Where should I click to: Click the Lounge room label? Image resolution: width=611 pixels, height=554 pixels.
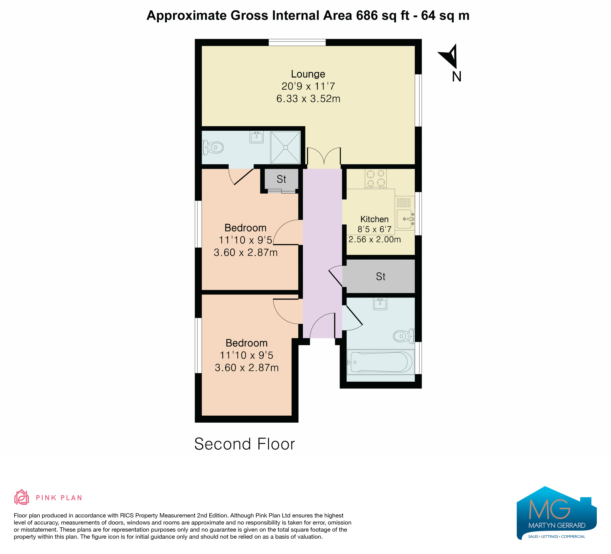point(308,74)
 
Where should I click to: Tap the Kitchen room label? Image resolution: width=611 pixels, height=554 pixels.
point(374,219)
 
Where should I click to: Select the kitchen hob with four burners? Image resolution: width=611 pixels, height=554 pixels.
point(376,178)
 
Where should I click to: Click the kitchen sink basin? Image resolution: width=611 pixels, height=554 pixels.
point(404,219)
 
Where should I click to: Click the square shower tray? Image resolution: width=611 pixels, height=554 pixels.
point(285,147)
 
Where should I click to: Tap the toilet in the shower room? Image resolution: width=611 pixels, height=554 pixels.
point(213,148)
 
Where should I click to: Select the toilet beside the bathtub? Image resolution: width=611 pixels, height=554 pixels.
point(404,336)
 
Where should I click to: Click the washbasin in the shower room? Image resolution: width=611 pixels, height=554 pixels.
point(257,137)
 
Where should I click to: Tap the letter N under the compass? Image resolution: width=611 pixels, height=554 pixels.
point(456,77)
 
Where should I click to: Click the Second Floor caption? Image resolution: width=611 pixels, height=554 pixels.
point(244,444)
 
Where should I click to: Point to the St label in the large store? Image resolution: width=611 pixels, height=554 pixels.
point(380,276)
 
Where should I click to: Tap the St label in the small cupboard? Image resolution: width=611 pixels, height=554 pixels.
point(281,179)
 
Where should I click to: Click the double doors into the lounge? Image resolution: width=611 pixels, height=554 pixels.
point(324,157)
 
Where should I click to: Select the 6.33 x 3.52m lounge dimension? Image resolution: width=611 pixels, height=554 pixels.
point(308,99)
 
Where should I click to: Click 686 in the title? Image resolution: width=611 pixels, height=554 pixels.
point(367,16)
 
